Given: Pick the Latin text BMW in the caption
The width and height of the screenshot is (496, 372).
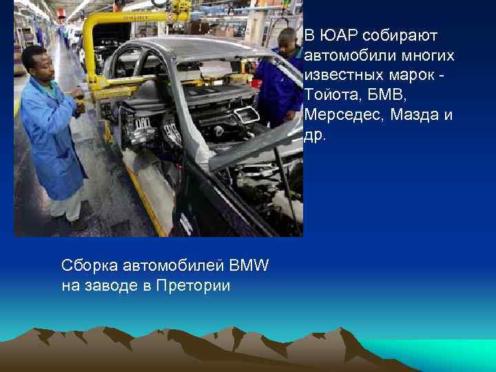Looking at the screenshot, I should pyautogui.click(x=249, y=265).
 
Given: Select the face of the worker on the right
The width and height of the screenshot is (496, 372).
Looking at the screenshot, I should pyautogui.click(x=289, y=43).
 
